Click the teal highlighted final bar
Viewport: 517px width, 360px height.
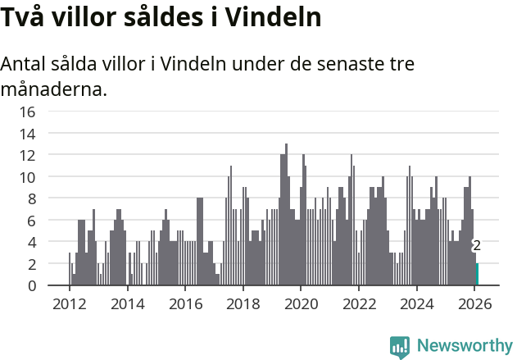[478, 275]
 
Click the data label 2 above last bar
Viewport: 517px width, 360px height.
[477, 245]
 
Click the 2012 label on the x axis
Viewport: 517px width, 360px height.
[69, 303]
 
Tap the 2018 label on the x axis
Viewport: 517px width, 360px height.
[243, 303]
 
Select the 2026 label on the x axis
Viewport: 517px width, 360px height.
[474, 303]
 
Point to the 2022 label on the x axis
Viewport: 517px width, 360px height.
[359, 303]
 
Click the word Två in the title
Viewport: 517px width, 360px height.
[22, 17]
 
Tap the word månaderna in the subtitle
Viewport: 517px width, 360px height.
[54, 89]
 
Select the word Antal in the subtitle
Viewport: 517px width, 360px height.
[25, 63]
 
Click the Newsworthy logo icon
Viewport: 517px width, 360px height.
[400, 346]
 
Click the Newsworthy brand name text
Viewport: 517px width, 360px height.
[465, 346]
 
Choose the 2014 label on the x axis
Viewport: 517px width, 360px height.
[127, 303]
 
